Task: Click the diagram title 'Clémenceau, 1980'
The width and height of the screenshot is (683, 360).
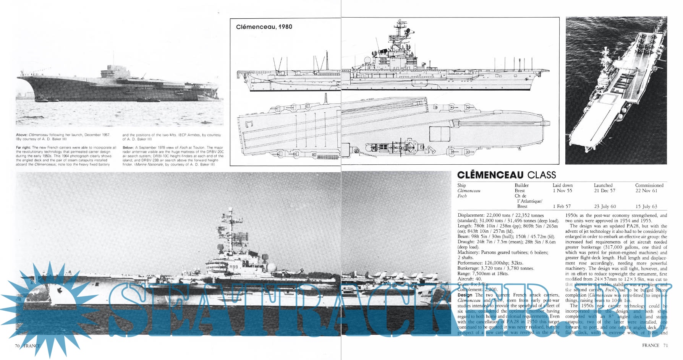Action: pyautogui.click(x=264, y=27)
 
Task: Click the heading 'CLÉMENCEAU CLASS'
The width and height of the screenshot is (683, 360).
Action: pyautogui.click(x=506, y=175)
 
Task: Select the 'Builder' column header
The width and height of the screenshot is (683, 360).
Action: pyautogui.click(x=521, y=185)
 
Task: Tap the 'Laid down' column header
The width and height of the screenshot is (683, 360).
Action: pyautogui.click(x=562, y=185)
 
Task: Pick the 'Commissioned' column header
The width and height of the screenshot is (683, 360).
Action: pyautogui.click(x=649, y=185)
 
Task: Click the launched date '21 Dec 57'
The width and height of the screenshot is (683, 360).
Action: pyautogui.click(x=604, y=191)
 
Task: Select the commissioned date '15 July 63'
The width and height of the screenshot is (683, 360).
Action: pyautogui.click(x=646, y=206)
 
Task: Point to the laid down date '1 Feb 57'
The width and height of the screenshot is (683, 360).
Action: pyautogui.click(x=562, y=206)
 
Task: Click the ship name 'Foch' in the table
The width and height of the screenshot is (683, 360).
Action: pyautogui.click(x=462, y=196)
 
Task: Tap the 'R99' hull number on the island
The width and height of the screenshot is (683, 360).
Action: pyautogui.click(x=233, y=267)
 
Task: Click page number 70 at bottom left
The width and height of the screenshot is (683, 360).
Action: pyautogui.click(x=17, y=346)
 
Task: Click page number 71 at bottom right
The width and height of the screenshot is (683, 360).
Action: pyautogui.click(x=665, y=345)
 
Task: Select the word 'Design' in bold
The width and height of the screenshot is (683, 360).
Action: pyautogui.click(x=465, y=295)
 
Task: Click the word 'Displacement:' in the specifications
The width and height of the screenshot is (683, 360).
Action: pyautogui.click(x=471, y=216)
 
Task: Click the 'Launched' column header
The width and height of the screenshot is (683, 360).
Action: pyautogui.click(x=603, y=185)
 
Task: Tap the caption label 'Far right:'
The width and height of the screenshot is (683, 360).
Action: pyautogui.click(x=23, y=148)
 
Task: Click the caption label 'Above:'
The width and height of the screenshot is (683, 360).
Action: pyautogui.click(x=21, y=135)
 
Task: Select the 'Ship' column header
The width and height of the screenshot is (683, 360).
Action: pyautogui.click(x=461, y=185)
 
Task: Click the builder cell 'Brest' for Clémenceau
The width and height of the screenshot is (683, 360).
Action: pyautogui.click(x=520, y=191)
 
